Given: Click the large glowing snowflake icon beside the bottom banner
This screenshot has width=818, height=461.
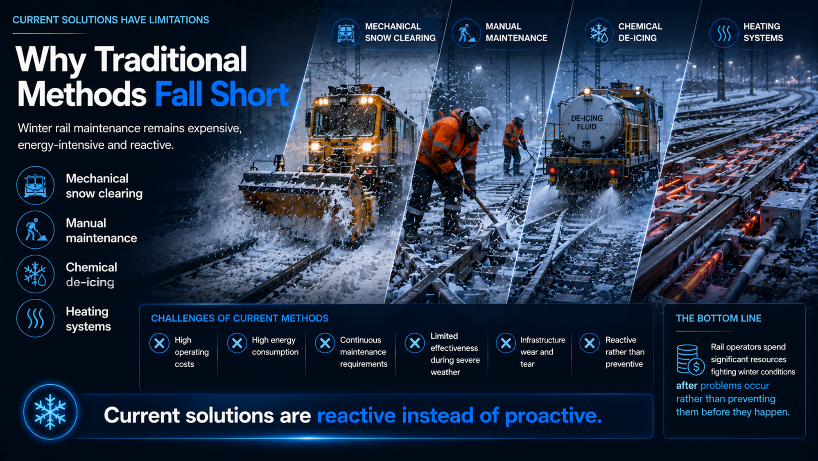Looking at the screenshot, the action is tap(50, 412).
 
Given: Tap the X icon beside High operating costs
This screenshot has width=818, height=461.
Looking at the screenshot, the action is tap(159, 343).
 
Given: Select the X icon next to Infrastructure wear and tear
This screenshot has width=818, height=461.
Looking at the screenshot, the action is tap(506, 343).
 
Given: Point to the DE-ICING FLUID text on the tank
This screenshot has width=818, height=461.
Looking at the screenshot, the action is tap(587, 123).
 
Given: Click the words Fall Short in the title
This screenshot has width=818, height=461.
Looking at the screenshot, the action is tap(222, 94).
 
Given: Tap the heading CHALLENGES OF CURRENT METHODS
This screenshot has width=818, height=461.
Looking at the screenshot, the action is tap(240, 318).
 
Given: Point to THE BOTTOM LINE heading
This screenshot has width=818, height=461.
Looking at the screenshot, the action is tap(719, 318).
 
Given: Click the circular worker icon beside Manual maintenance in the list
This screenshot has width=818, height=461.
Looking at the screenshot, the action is tap(36, 230).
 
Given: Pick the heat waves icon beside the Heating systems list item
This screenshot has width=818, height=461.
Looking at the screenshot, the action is tap(36, 318).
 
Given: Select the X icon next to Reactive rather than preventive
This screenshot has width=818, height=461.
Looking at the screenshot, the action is tap(590, 343).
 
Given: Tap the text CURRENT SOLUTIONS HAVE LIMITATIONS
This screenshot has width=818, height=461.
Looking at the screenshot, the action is tap(111, 20).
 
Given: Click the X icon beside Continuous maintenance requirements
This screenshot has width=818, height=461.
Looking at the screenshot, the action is tap(325, 343).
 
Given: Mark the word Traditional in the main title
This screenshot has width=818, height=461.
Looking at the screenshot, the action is tap(171, 60).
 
